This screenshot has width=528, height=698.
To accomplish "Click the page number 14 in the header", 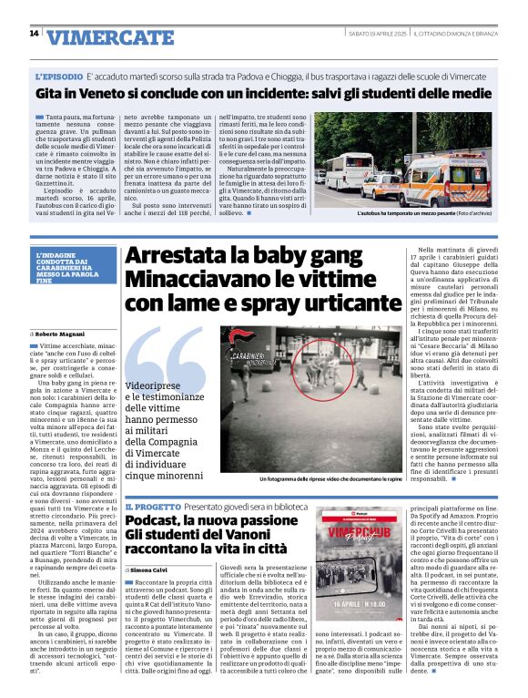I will point(34,34).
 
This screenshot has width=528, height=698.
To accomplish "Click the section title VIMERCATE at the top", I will point(110,37).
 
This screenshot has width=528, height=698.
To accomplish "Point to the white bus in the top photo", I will point(348,169).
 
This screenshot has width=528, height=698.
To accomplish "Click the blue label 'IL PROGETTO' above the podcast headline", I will point(151,506).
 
